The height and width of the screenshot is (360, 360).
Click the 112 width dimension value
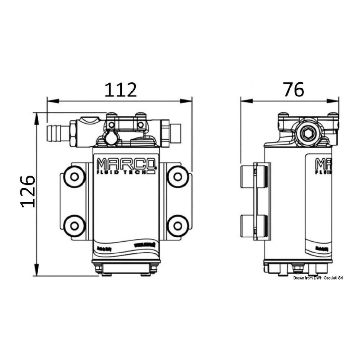point(121,90)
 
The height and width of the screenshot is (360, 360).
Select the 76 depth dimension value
point(294,90)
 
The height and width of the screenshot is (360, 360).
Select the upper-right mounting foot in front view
point(177,177)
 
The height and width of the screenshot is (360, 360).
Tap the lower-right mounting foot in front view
point(177,225)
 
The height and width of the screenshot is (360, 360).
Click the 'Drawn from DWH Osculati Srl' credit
point(318,278)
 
